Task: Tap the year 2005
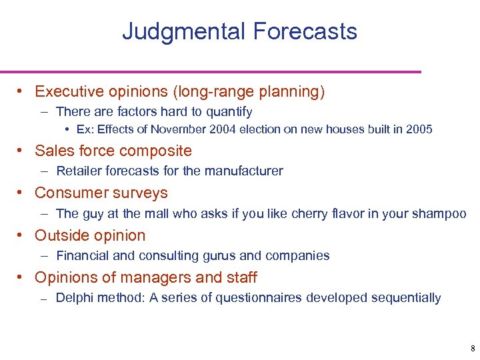[419, 129]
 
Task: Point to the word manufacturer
[247, 171]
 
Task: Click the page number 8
[472, 349]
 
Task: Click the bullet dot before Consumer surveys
[22, 193]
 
